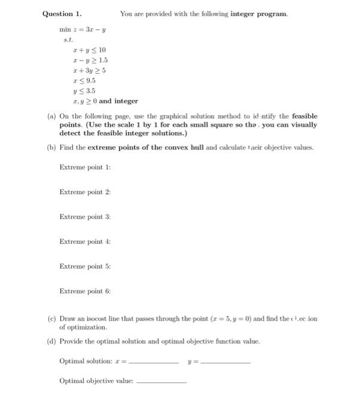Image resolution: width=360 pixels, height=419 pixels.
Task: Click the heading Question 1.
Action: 62,13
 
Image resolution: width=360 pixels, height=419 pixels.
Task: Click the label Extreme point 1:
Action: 85,167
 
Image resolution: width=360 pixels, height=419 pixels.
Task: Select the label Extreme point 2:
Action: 85,192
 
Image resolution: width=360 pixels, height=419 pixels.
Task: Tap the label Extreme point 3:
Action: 85,217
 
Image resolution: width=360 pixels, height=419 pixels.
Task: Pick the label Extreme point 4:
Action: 85,241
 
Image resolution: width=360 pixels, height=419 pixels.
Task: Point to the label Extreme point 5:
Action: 85,266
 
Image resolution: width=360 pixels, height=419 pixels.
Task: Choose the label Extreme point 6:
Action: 85,291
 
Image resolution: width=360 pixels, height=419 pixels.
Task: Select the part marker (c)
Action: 51,318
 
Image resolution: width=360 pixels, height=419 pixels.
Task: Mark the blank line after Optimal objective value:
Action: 161,382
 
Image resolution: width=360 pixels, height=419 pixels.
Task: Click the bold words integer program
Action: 258,13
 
